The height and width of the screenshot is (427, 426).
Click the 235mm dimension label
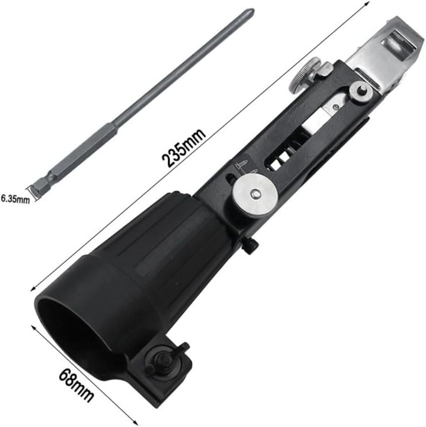pyautogui.click(x=183, y=148)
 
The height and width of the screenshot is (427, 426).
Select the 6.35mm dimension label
pyautogui.click(x=15, y=198)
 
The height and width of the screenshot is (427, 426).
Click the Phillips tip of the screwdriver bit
pyautogui.click(x=252, y=13)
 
